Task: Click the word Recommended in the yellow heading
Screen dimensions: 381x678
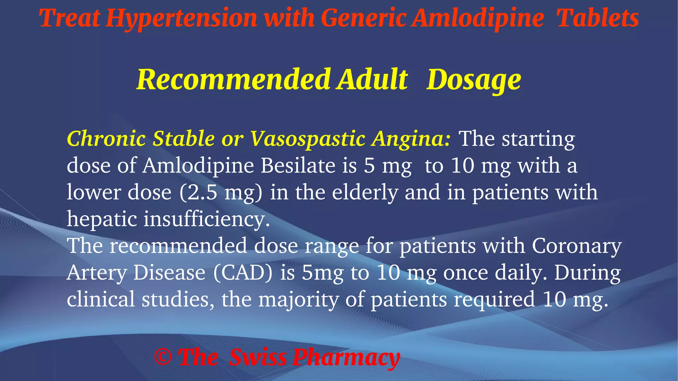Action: pyautogui.click(x=233, y=80)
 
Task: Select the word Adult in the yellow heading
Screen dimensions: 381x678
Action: pyautogui.click(x=372, y=80)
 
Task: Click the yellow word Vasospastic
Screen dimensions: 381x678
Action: pyautogui.click(x=307, y=139)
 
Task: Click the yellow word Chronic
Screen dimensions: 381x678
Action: pyautogui.click(x=106, y=138)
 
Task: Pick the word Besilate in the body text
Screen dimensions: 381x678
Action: pyautogui.click(x=298, y=165)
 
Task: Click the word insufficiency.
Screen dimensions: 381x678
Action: pyautogui.click(x=206, y=219)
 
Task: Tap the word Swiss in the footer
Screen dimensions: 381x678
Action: pyautogui.click(x=258, y=357)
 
